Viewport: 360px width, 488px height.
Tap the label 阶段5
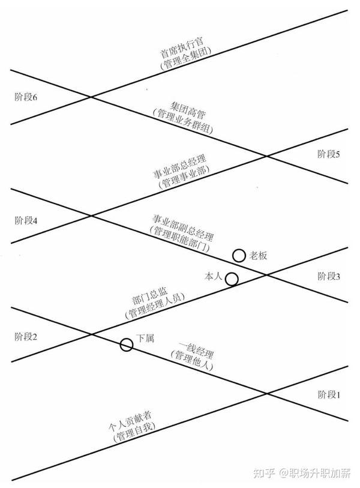tap(329, 154)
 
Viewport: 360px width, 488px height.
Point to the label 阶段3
tap(329, 277)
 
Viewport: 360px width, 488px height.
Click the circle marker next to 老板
tap(239, 256)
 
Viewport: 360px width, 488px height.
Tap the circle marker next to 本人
tap(232, 279)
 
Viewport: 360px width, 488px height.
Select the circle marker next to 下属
tap(127, 345)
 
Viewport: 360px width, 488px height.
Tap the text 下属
tap(146, 338)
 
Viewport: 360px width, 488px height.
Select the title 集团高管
tap(178, 109)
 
